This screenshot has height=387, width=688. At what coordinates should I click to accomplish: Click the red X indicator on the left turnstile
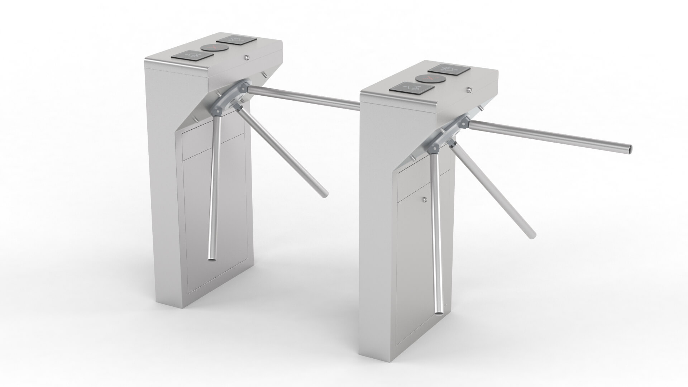pos(210,47)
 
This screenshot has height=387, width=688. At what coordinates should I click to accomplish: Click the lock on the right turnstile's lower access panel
pos(424,200)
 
